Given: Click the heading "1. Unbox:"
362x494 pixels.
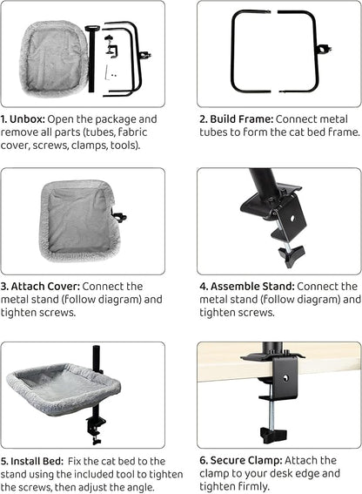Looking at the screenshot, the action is point(23,119).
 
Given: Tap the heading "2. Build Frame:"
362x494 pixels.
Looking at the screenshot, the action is point(236,119).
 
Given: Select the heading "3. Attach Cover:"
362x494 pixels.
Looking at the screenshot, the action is point(40,287).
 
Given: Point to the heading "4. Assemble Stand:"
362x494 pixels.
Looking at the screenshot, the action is point(247,287).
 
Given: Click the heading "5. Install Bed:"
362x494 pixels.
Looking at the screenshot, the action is point(32,461).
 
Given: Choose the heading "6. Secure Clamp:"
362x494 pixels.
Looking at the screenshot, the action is point(241,460).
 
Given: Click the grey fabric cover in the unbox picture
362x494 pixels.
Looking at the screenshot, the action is point(54,58).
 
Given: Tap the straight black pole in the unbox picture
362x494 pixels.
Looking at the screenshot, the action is point(92,58).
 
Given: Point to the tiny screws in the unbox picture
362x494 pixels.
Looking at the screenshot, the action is point(114,76).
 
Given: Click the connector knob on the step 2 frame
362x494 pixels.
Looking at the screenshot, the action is point(325,50).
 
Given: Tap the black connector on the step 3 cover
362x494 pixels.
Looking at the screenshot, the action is point(119,217).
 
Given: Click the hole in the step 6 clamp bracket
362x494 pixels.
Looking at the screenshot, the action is point(285,378).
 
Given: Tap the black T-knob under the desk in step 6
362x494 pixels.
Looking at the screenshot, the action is point(273,435).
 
